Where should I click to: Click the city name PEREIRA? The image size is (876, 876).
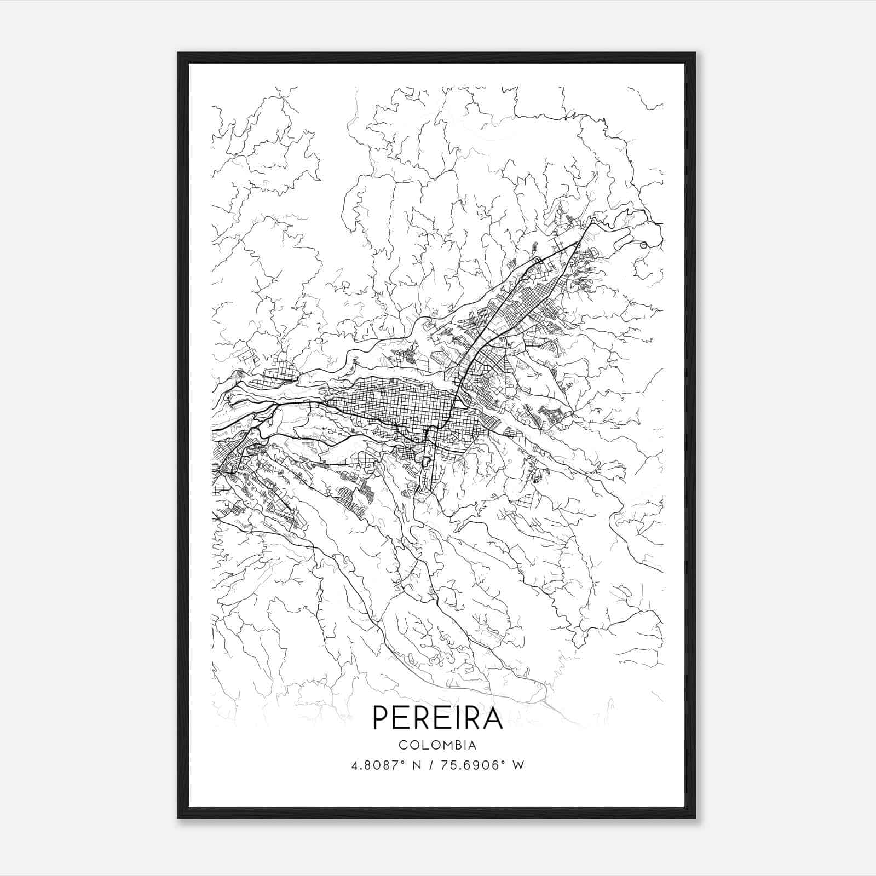[x=437, y=718]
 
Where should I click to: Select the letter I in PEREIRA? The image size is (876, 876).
[x=449, y=718]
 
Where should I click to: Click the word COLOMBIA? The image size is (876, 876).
[x=437, y=745]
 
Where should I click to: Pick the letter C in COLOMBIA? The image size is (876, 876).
[x=402, y=745]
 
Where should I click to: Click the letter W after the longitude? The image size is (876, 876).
[x=518, y=765]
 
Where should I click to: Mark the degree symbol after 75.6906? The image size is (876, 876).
[x=504, y=762]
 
